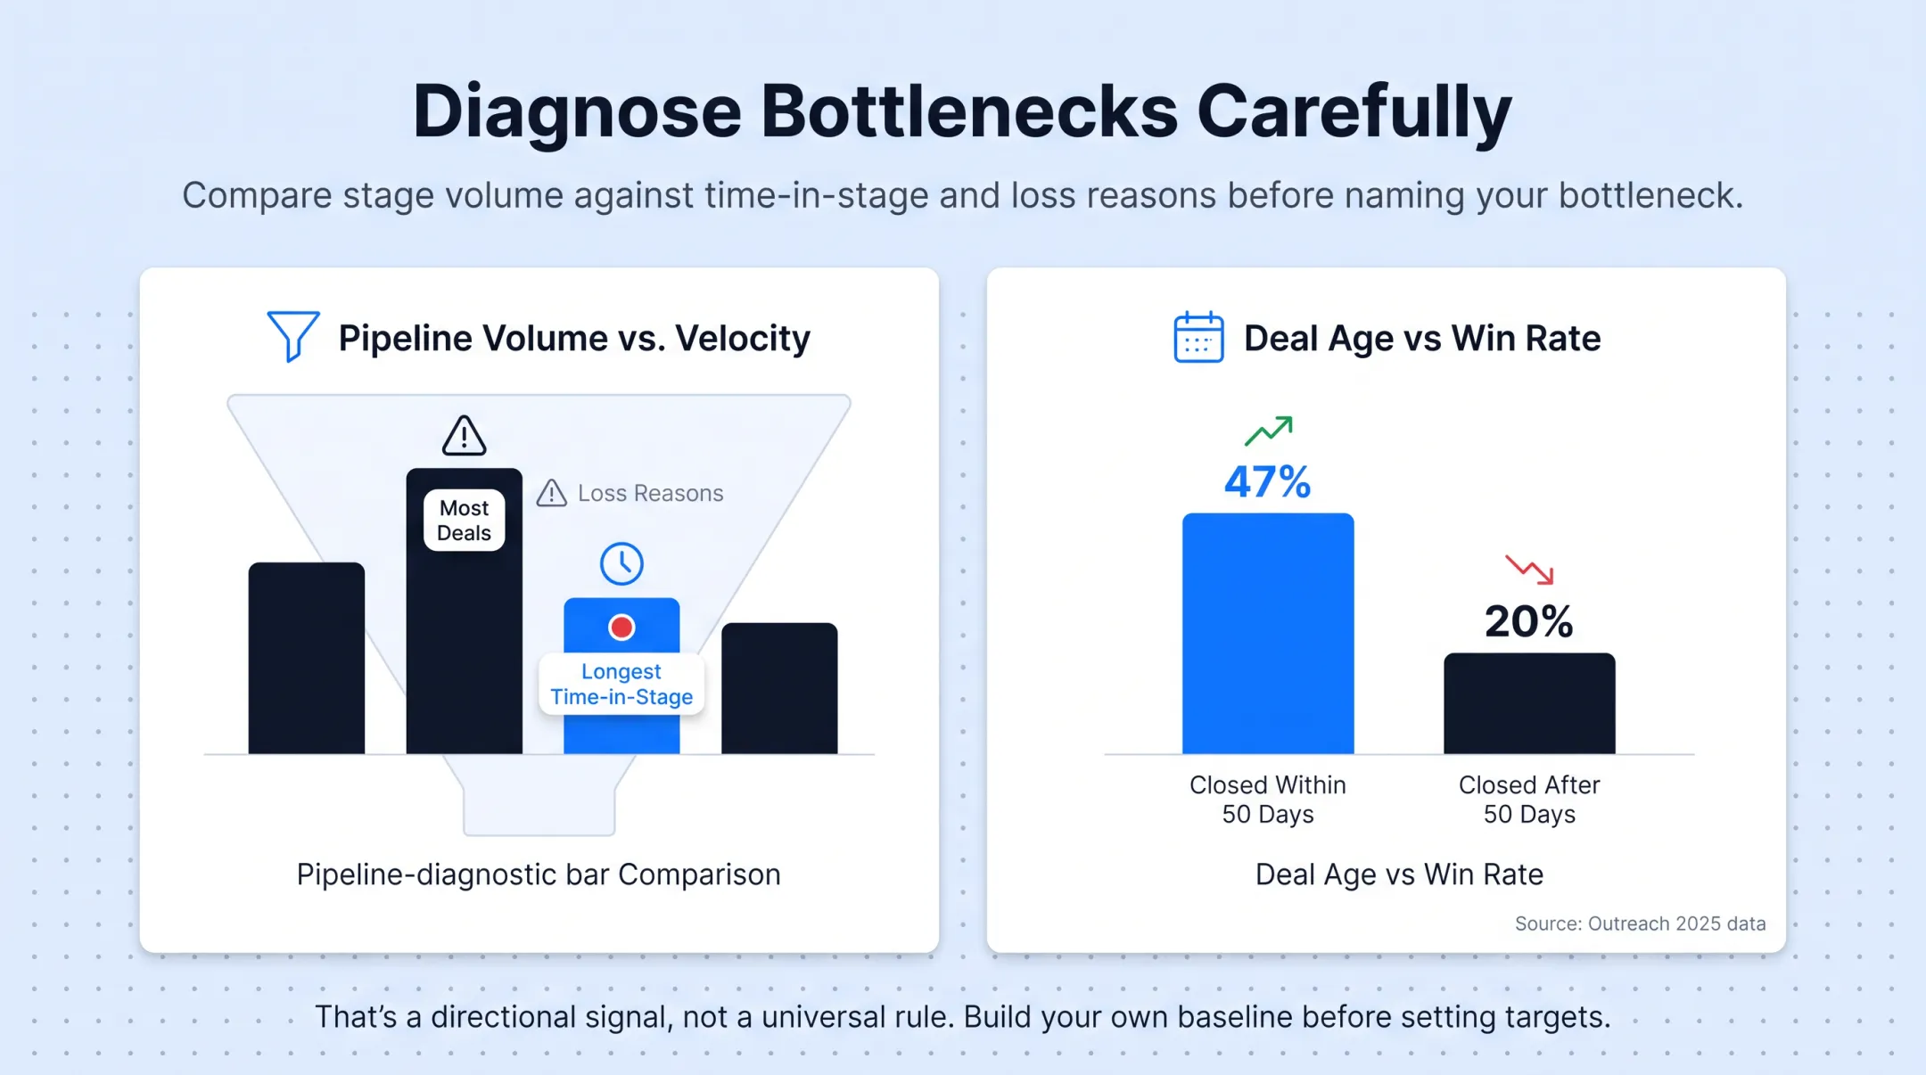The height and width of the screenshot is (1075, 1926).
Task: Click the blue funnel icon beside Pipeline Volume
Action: click(293, 334)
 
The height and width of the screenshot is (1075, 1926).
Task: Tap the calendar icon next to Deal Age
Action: click(1198, 337)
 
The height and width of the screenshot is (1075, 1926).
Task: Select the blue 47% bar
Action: click(1268, 634)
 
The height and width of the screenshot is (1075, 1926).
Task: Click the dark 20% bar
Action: click(1529, 703)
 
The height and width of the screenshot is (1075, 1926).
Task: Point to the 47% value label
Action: click(1267, 482)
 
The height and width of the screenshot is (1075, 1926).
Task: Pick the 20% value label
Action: click(1528, 621)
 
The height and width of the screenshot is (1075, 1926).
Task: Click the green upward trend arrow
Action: click(1269, 431)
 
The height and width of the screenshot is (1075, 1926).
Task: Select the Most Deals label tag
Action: click(464, 521)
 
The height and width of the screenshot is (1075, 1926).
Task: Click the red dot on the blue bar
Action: click(621, 628)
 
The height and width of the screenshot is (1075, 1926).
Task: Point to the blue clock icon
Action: click(621, 563)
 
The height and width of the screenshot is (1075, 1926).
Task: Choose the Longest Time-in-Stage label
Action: click(621, 684)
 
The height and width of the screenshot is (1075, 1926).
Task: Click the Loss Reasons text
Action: click(651, 493)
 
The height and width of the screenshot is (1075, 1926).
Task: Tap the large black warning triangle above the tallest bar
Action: click(464, 436)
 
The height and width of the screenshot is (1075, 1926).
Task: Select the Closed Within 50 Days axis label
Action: click(1268, 800)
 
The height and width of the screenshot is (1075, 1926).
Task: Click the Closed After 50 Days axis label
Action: click(1529, 800)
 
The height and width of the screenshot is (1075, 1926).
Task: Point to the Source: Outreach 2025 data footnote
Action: click(1641, 923)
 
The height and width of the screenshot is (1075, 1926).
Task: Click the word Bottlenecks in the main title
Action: click(969, 111)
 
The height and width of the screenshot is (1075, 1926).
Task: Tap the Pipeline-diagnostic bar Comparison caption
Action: click(539, 874)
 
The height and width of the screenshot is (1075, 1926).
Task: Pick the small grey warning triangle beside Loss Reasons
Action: click(552, 493)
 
